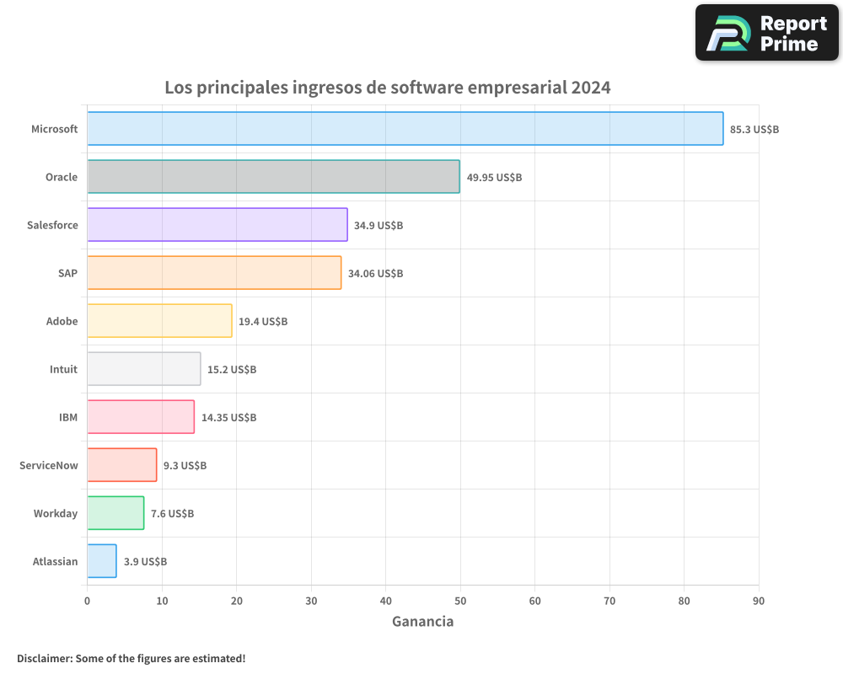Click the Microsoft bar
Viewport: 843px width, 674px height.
[405, 129]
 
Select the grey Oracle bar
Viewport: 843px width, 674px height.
[273, 177]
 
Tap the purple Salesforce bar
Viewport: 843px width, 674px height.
[217, 225]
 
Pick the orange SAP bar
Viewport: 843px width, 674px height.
[214, 273]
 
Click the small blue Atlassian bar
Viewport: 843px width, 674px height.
[102, 561]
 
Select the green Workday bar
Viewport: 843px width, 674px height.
[115, 513]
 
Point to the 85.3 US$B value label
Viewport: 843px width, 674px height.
[754, 130]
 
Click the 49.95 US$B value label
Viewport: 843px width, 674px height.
[494, 178]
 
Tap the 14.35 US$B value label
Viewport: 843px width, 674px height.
[228, 418]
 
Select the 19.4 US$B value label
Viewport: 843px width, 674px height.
[263, 322]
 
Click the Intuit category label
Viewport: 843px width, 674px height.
[63, 369]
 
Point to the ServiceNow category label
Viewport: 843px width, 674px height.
[49, 465]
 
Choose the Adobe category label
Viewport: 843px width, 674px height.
[62, 321]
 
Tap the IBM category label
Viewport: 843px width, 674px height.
[68, 417]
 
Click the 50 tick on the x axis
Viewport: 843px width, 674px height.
[460, 601]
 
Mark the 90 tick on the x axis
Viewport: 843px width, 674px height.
[759, 601]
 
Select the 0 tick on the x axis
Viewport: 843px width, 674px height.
[87, 601]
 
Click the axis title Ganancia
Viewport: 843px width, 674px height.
[422, 622]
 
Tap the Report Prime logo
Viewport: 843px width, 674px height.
[767, 33]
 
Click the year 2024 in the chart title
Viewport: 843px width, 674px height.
[590, 88]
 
